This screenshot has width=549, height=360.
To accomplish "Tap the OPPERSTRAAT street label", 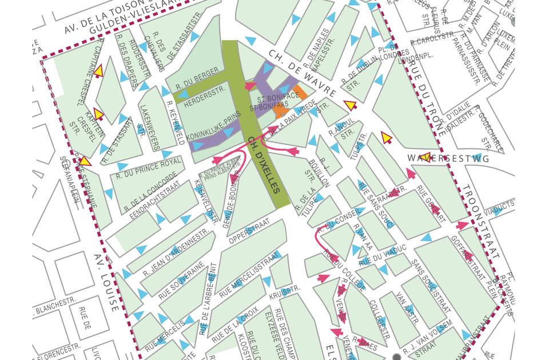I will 248,228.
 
